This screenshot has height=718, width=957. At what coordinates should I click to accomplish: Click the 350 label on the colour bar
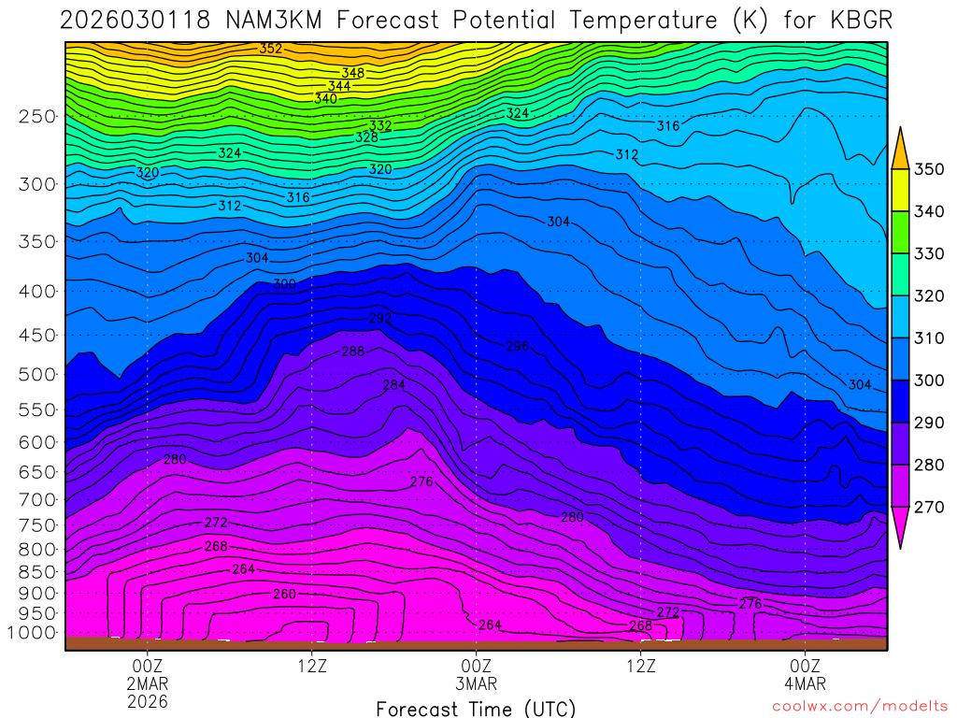(927, 169)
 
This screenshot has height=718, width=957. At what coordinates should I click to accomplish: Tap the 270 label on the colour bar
(927, 507)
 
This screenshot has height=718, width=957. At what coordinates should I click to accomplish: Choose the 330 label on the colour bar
(927, 253)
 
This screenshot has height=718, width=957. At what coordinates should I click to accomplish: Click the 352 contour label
(271, 49)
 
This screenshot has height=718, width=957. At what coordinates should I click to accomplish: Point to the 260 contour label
(284, 595)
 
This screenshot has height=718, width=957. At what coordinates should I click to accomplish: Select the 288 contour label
(353, 352)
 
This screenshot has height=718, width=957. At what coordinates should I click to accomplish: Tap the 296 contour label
(518, 346)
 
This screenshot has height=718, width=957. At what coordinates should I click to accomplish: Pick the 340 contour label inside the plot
(325, 98)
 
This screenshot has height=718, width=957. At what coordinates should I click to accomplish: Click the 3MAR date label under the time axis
(477, 683)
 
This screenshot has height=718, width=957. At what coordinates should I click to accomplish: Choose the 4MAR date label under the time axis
(805, 683)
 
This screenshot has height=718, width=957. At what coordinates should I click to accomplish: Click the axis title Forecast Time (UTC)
(476, 708)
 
